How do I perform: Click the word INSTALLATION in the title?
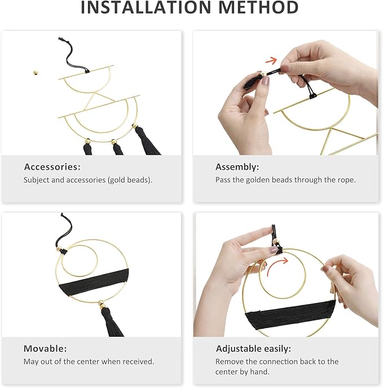coord(146,7)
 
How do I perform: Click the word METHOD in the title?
coord(258,7)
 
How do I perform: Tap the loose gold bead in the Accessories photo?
coord(36,73)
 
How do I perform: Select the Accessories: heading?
coord(52,167)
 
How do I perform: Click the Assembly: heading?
coord(237,167)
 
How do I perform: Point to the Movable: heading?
coord(45,349)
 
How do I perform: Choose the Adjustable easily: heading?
coord(253,349)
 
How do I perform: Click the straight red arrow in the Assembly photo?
coord(271,61)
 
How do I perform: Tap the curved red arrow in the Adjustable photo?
coord(277,266)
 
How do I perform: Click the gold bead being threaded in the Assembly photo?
coord(263,74)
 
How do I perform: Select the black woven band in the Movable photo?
coord(94,282)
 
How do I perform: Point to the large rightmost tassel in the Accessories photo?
coord(146,141)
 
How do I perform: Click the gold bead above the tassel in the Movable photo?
coord(101,303)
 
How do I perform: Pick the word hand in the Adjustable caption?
coord(259,372)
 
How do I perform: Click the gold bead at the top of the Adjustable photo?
coord(275,242)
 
